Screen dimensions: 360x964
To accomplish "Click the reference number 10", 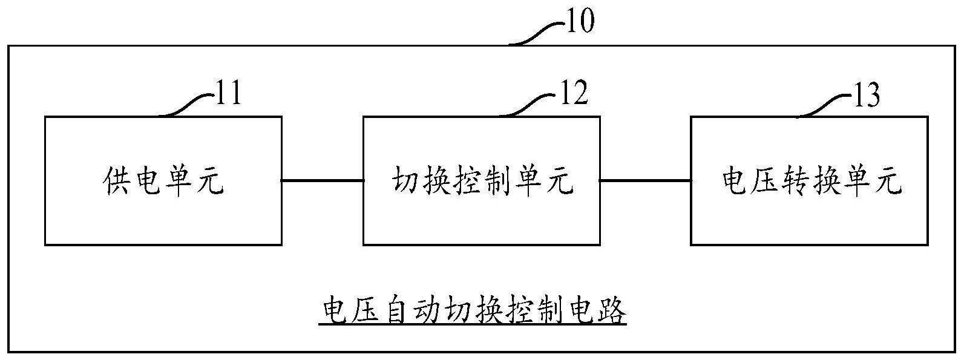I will click(x=579, y=22).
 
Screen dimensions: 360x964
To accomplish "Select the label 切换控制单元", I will click(x=482, y=181).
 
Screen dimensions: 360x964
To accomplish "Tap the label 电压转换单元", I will click(x=812, y=181).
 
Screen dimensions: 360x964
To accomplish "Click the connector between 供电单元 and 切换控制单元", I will click(x=323, y=180).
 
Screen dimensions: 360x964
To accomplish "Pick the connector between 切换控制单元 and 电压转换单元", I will click(x=646, y=180).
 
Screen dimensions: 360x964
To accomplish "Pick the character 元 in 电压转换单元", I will click(x=888, y=181).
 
